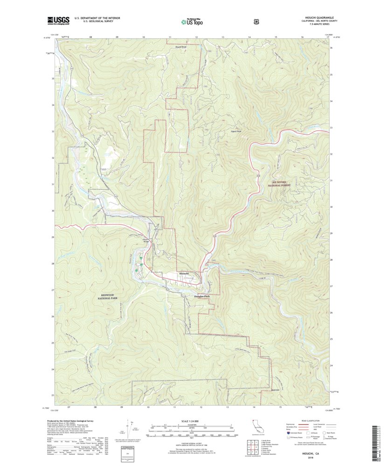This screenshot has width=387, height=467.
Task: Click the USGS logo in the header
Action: (58, 20)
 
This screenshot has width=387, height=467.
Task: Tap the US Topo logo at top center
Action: (192, 21)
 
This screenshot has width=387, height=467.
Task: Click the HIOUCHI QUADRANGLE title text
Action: (316, 18)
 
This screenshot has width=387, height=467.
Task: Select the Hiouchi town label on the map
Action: (184, 273)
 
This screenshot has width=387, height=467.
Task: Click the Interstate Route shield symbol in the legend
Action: (287, 433)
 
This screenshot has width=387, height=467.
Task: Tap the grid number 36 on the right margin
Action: (332, 48)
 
